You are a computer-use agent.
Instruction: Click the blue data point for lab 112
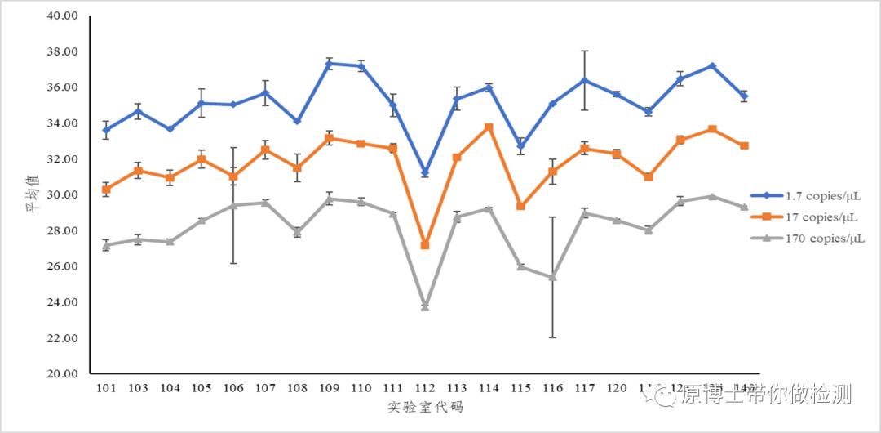425,172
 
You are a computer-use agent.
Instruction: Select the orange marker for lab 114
489,127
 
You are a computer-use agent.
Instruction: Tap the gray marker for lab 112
425,306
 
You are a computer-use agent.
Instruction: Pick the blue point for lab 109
329,64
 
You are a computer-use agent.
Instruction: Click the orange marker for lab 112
425,245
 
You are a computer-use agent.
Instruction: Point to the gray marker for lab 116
552,277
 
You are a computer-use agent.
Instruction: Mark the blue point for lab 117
584,80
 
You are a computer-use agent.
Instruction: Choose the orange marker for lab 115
520,206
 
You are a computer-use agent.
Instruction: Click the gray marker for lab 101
106,245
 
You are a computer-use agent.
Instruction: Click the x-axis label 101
106,388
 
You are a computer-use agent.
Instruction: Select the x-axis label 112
425,388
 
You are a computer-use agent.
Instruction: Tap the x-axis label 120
616,388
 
